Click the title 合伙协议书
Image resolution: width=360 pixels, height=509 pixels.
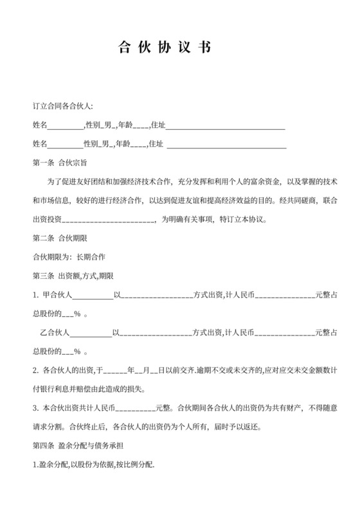165,48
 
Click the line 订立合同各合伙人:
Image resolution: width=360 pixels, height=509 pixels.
63,106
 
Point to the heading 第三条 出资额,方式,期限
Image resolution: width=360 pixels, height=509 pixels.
73,276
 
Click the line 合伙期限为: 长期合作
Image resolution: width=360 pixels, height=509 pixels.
69,256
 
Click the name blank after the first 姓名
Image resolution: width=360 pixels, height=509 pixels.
66,125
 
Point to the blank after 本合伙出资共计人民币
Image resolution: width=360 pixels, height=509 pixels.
135,408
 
